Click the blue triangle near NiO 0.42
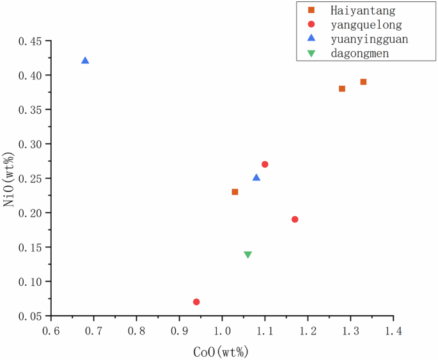tap(85, 61)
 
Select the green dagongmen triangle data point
tap(248, 254)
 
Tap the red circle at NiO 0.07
tap(196, 302)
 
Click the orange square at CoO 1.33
tap(363, 82)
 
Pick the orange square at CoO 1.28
tap(342, 89)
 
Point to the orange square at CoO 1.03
tap(235, 192)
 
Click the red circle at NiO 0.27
tap(265, 164)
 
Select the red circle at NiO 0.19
tap(295, 219)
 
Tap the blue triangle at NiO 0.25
tap(256, 178)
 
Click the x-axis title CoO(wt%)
tap(221, 351)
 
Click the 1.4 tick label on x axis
tap(393, 331)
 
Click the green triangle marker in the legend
tap(311, 53)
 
